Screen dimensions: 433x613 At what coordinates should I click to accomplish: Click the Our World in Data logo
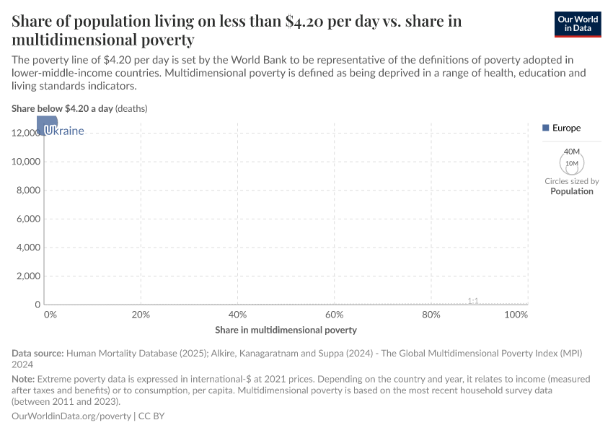pos(577,23)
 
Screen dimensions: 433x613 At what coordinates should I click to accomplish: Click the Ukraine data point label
pos(64,131)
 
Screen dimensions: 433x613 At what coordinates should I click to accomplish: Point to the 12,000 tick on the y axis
pos(26,133)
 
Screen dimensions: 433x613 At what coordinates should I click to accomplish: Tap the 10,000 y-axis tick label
pos(26,162)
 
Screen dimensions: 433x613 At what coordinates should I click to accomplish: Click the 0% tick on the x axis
pos(50,315)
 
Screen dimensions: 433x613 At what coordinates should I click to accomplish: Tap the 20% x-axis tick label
pos(141,315)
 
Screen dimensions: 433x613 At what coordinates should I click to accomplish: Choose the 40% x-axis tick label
pos(237,315)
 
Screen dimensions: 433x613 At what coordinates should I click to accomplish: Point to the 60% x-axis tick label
pos(334,315)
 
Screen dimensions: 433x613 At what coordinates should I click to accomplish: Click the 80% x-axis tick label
pos(431,315)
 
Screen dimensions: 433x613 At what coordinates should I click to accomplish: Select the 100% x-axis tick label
pos(516,315)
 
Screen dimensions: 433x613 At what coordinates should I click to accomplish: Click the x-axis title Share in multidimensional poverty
pos(286,330)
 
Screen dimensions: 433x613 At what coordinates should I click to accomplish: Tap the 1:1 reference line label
pos(473,300)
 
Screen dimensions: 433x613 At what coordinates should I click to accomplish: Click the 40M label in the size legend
pos(572,152)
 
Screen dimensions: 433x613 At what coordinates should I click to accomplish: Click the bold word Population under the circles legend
pos(572,191)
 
